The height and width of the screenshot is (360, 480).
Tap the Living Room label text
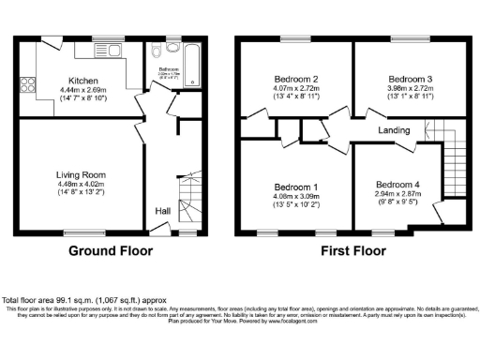(82, 175)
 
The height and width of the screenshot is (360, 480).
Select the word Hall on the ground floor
(162, 210)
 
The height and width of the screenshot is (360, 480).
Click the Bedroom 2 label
(292, 79)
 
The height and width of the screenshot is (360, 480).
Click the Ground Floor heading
(111, 251)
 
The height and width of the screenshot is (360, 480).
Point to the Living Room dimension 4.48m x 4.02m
(82, 185)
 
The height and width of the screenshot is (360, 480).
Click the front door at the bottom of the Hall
(160, 228)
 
